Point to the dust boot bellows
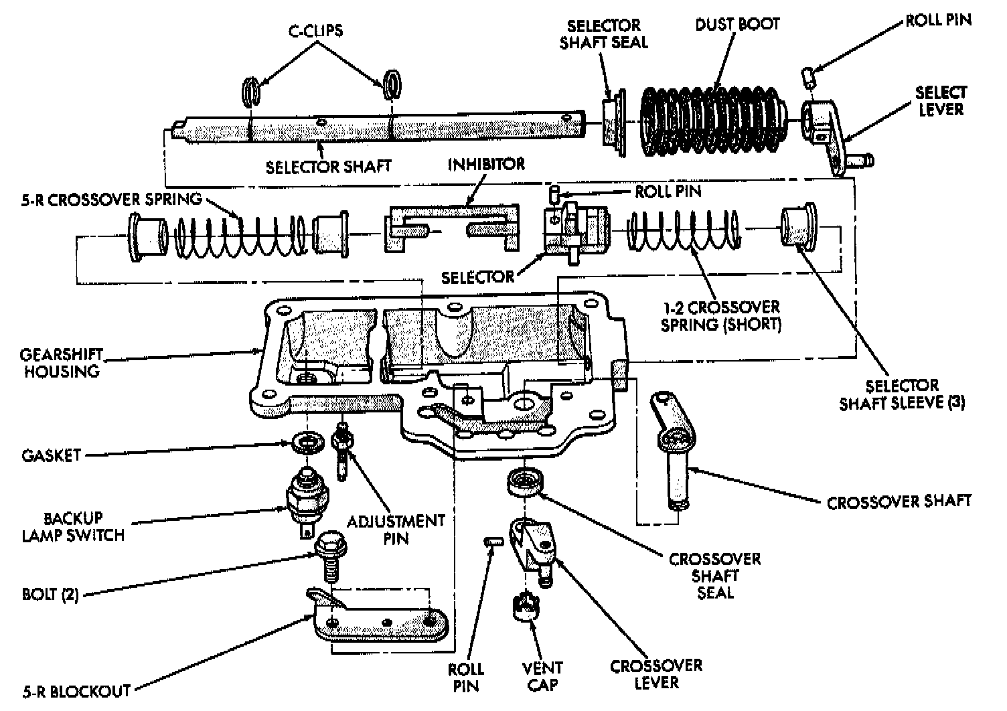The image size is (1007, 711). [713, 120]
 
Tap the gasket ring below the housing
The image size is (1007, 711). [307, 443]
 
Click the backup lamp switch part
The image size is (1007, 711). [306, 499]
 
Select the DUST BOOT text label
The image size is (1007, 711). [737, 25]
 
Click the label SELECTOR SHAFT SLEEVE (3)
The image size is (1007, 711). [901, 394]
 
